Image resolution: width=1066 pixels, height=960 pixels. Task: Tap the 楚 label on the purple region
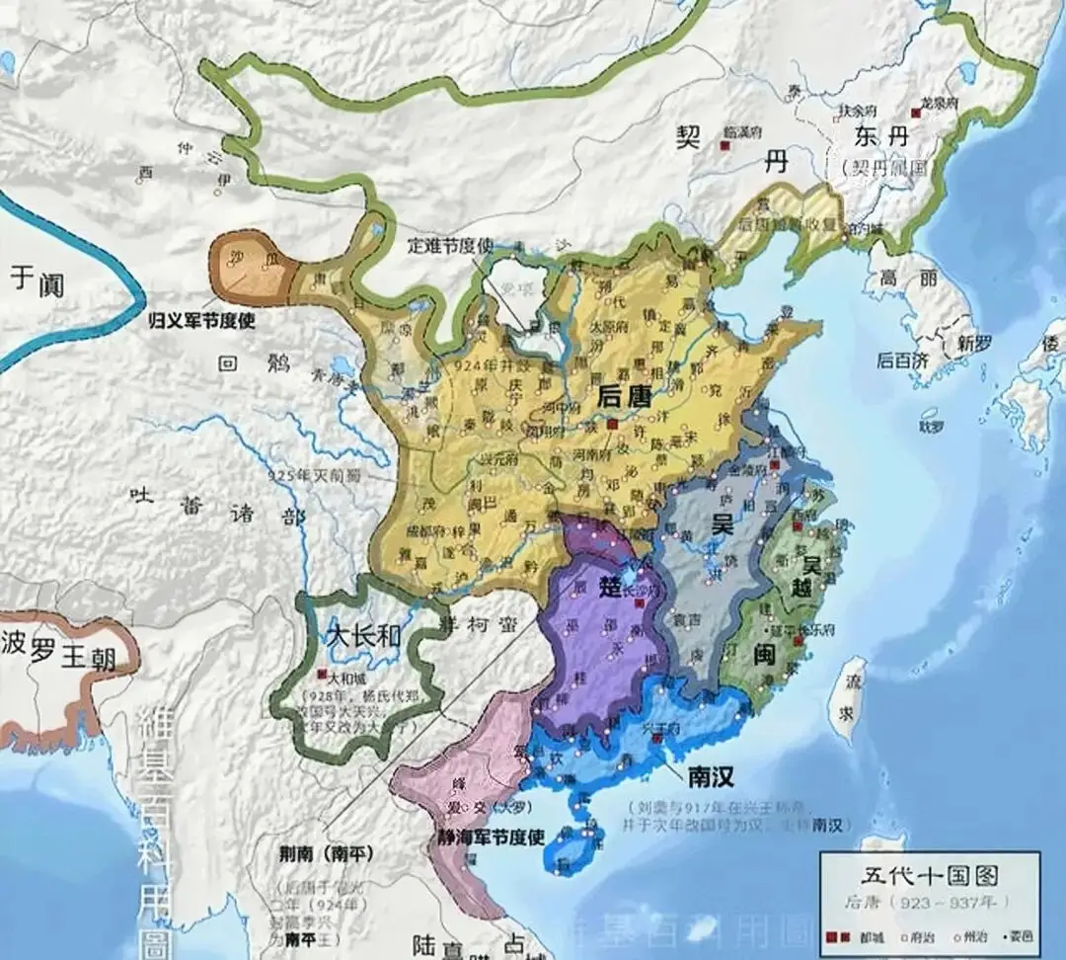(610, 585)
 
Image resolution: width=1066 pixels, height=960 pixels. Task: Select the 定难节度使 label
(450, 246)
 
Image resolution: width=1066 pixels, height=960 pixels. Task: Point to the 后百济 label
(902, 361)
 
